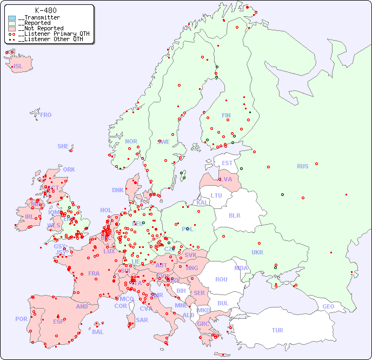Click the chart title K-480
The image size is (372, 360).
(45, 10)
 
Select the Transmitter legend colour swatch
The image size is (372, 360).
(12, 18)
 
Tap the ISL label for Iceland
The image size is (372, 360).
(18, 67)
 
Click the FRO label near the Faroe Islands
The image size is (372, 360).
(46, 115)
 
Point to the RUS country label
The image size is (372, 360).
(302, 166)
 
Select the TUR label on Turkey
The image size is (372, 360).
(277, 330)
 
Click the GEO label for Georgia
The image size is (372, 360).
(328, 306)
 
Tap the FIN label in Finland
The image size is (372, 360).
(226, 115)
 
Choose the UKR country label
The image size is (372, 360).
(257, 252)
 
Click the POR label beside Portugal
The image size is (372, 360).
(21, 319)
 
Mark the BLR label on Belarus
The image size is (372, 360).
(234, 215)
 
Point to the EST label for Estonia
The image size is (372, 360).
(227, 163)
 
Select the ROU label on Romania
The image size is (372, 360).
(221, 279)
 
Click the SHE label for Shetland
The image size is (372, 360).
(63, 146)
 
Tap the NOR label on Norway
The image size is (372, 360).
(131, 141)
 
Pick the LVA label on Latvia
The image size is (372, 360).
(226, 179)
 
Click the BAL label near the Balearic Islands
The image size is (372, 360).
(98, 332)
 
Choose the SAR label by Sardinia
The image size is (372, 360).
(142, 320)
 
